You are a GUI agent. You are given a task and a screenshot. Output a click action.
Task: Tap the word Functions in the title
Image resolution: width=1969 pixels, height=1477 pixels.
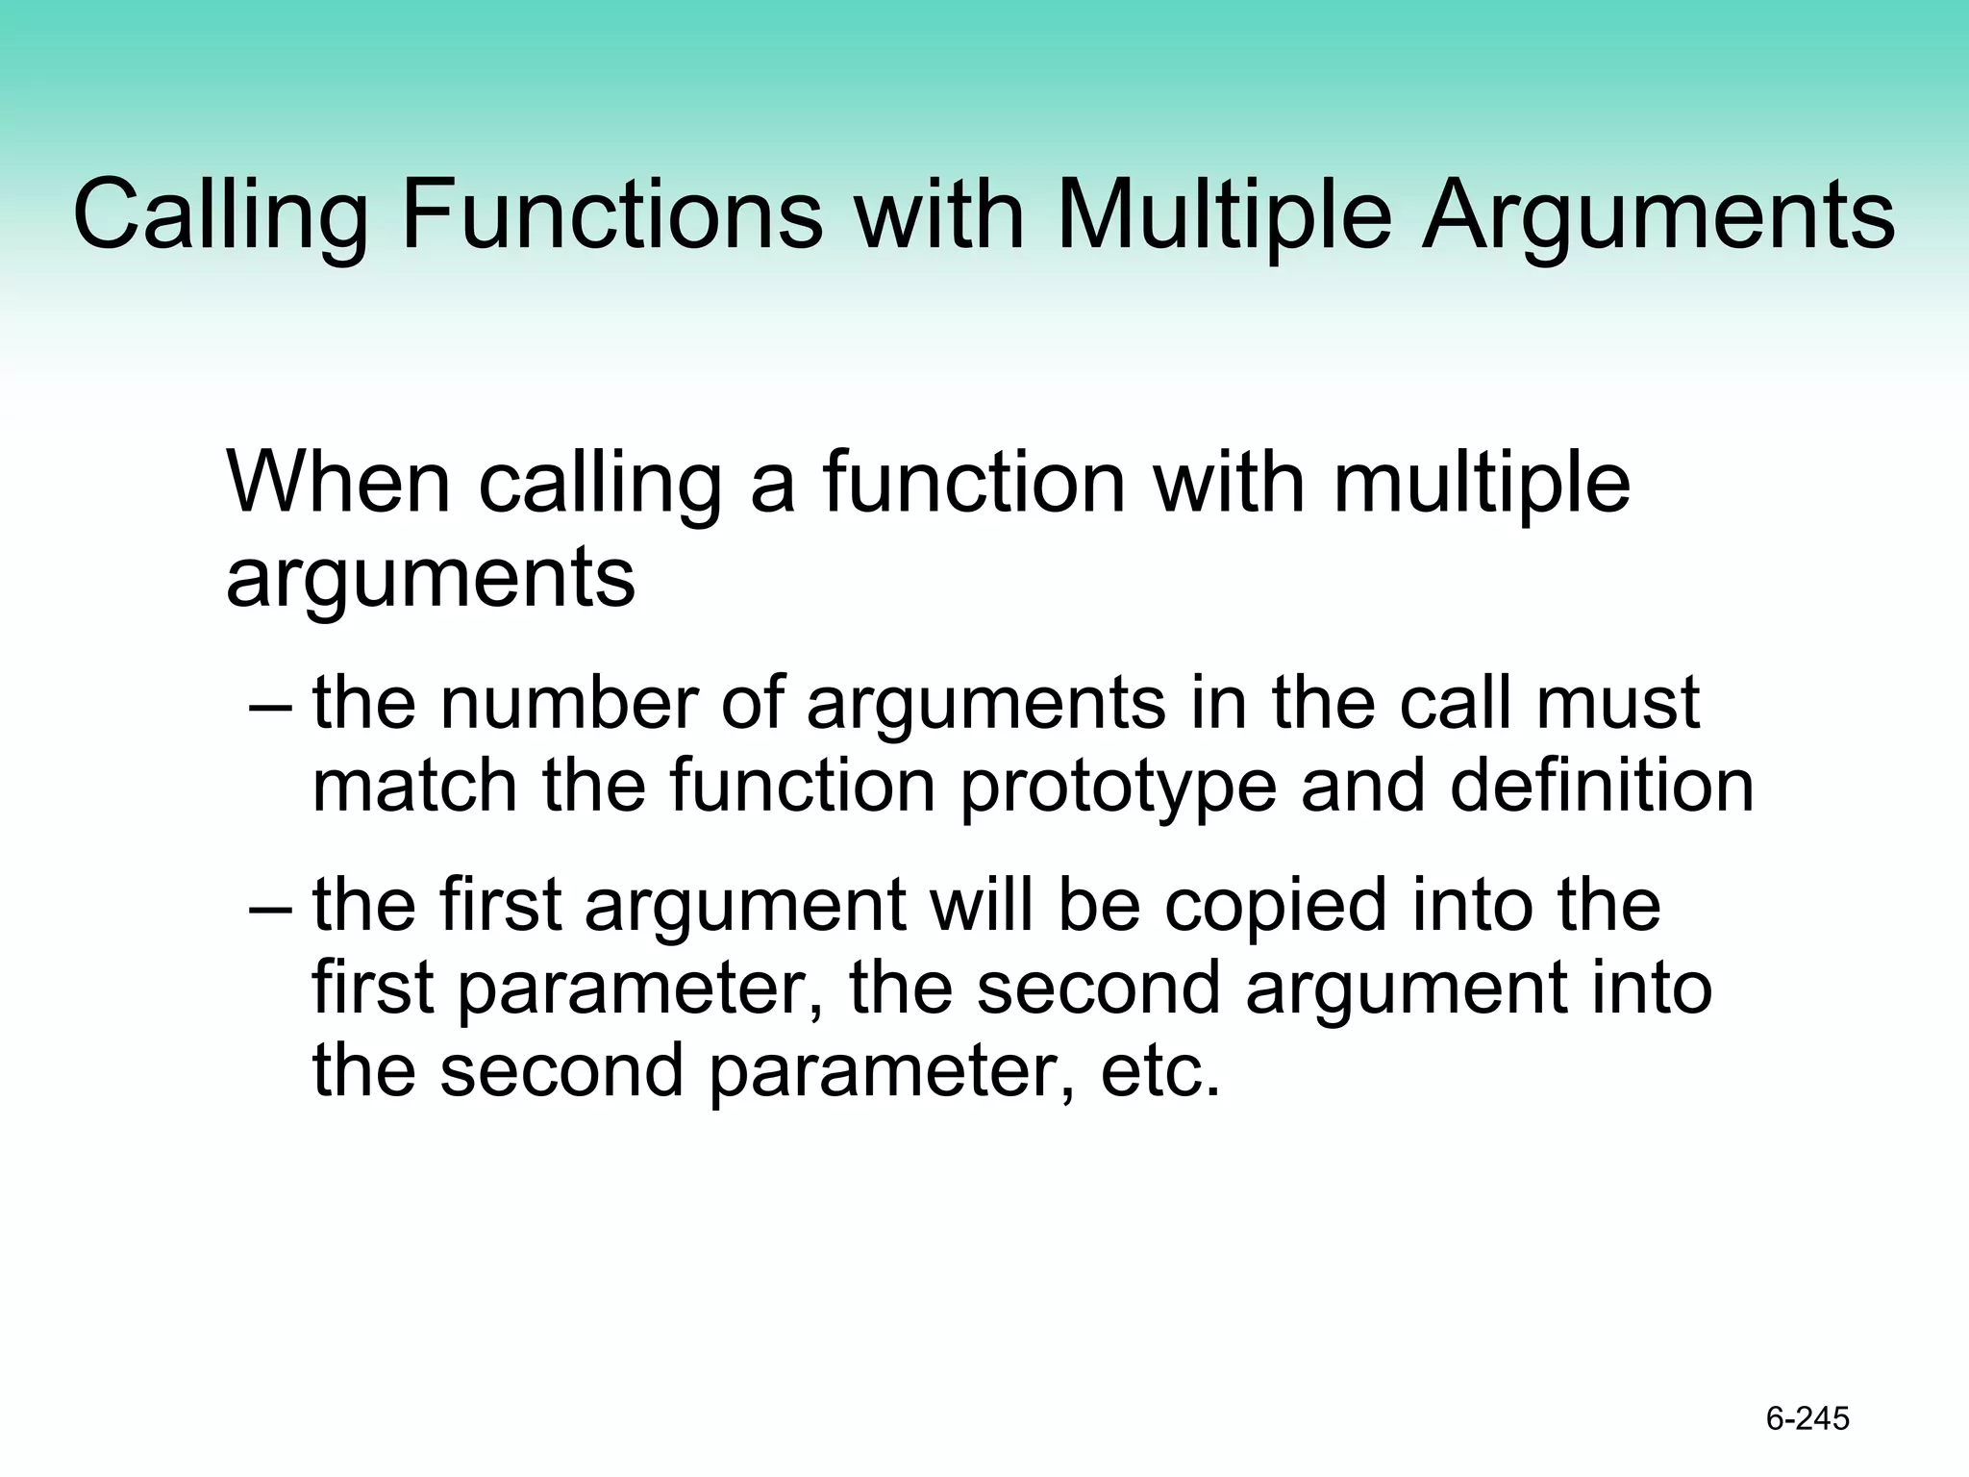[x=611, y=215]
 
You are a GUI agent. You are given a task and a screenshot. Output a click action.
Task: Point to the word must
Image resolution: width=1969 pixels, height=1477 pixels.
[x=1617, y=704]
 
